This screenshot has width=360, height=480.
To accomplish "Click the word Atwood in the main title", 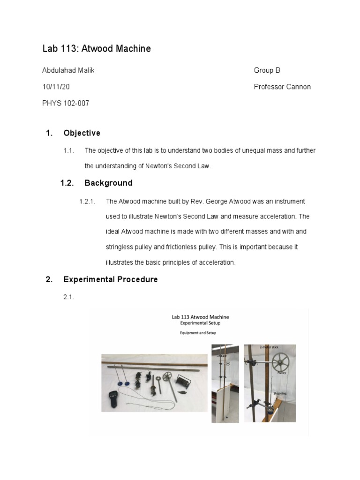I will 98,49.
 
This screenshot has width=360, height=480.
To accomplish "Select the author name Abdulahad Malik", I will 68,71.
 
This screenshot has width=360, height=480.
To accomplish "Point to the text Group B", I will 267,71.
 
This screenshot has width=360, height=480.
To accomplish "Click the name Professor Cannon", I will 282,87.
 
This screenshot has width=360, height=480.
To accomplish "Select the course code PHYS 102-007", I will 66,103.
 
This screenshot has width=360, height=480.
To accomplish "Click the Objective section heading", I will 82,133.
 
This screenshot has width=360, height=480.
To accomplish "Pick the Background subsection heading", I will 108,183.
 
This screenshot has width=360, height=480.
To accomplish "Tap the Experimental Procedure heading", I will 111,279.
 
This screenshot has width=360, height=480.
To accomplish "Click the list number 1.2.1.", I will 88,201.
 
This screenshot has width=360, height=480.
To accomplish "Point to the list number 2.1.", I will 69,297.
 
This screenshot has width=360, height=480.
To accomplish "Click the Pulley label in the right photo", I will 282,374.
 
